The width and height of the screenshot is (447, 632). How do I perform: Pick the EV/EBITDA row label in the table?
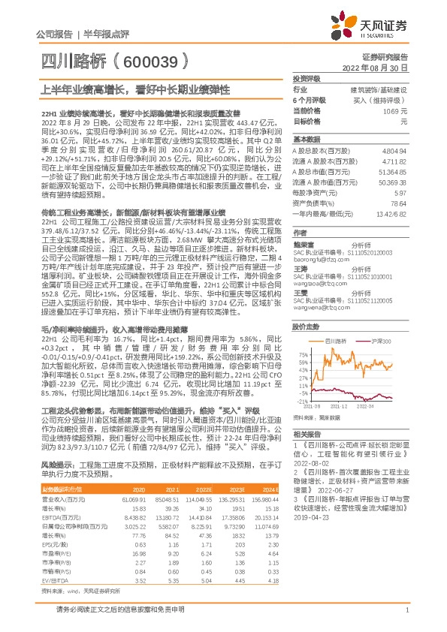tap(55, 579)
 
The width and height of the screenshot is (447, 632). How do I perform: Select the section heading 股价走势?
tap(307, 327)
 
